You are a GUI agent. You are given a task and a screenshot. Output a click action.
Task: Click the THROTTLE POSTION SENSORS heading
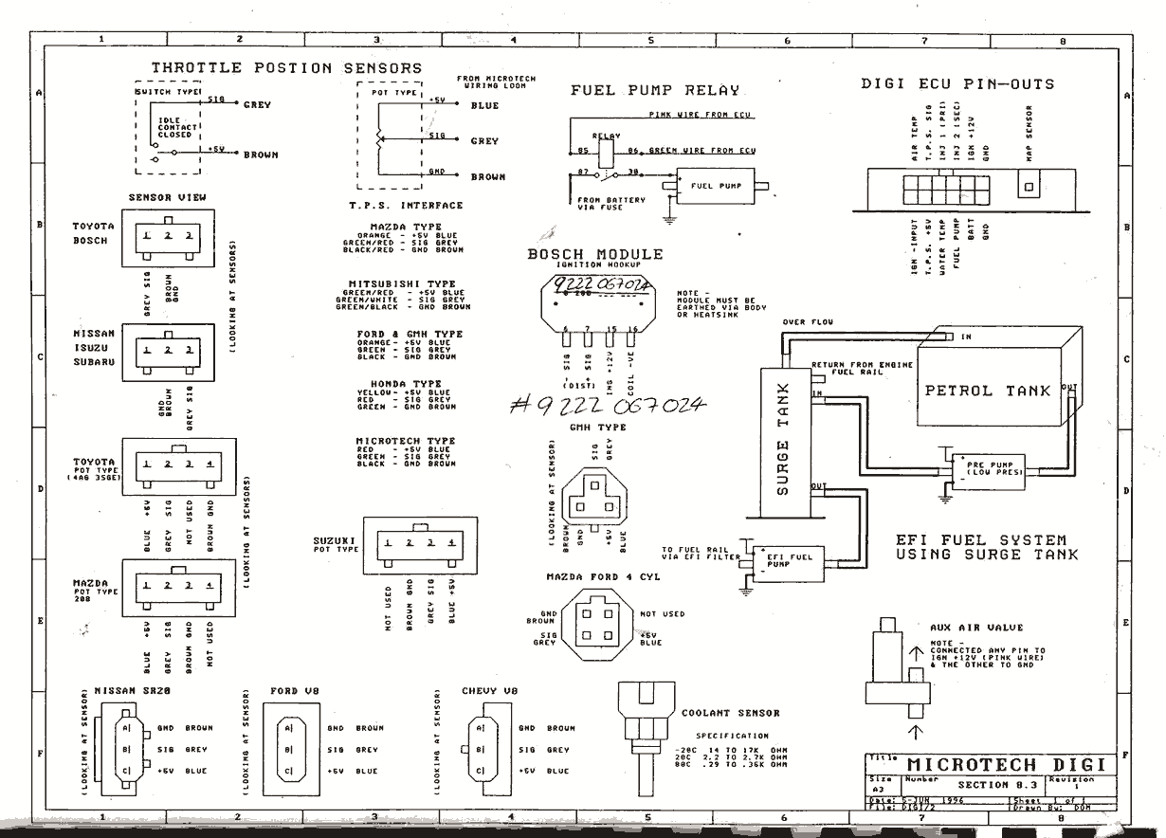pyautogui.click(x=286, y=68)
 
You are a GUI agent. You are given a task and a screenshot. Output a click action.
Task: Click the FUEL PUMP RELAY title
pyautogui.click(x=654, y=91)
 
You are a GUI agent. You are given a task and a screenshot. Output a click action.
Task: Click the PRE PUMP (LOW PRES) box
pyautogui.click(x=989, y=468)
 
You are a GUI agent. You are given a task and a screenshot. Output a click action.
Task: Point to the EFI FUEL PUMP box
pyautogui.click(x=789, y=560)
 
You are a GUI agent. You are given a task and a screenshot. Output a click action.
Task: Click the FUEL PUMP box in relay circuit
pyautogui.click(x=716, y=186)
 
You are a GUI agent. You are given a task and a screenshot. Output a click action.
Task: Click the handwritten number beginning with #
pyautogui.click(x=607, y=406)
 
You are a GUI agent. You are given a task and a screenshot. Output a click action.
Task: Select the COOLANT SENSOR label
pyautogui.click(x=730, y=713)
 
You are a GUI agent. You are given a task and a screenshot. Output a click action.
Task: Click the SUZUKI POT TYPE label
pyautogui.click(x=335, y=545)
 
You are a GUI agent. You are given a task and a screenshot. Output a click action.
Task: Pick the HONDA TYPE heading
pyautogui.click(x=399, y=384)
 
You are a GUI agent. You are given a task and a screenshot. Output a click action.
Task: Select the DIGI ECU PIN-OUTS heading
pyautogui.click(x=956, y=84)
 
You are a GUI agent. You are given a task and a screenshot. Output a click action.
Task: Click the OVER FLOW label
pyautogui.click(x=808, y=323)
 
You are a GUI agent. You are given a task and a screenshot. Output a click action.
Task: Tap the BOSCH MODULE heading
pyautogui.click(x=595, y=254)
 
